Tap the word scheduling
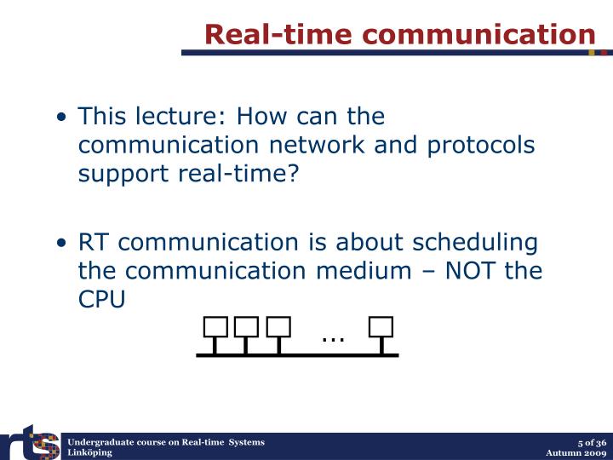(x=476, y=243)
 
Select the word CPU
(x=102, y=301)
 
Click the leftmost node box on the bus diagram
(x=215, y=327)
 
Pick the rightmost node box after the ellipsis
(x=381, y=327)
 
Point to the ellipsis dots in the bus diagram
(x=333, y=338)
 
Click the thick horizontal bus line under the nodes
(x=298, y=354)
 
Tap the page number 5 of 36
(x=591, y=442)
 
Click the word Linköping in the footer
(x=90, y=453)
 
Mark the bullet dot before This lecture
(x=66, y=117)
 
